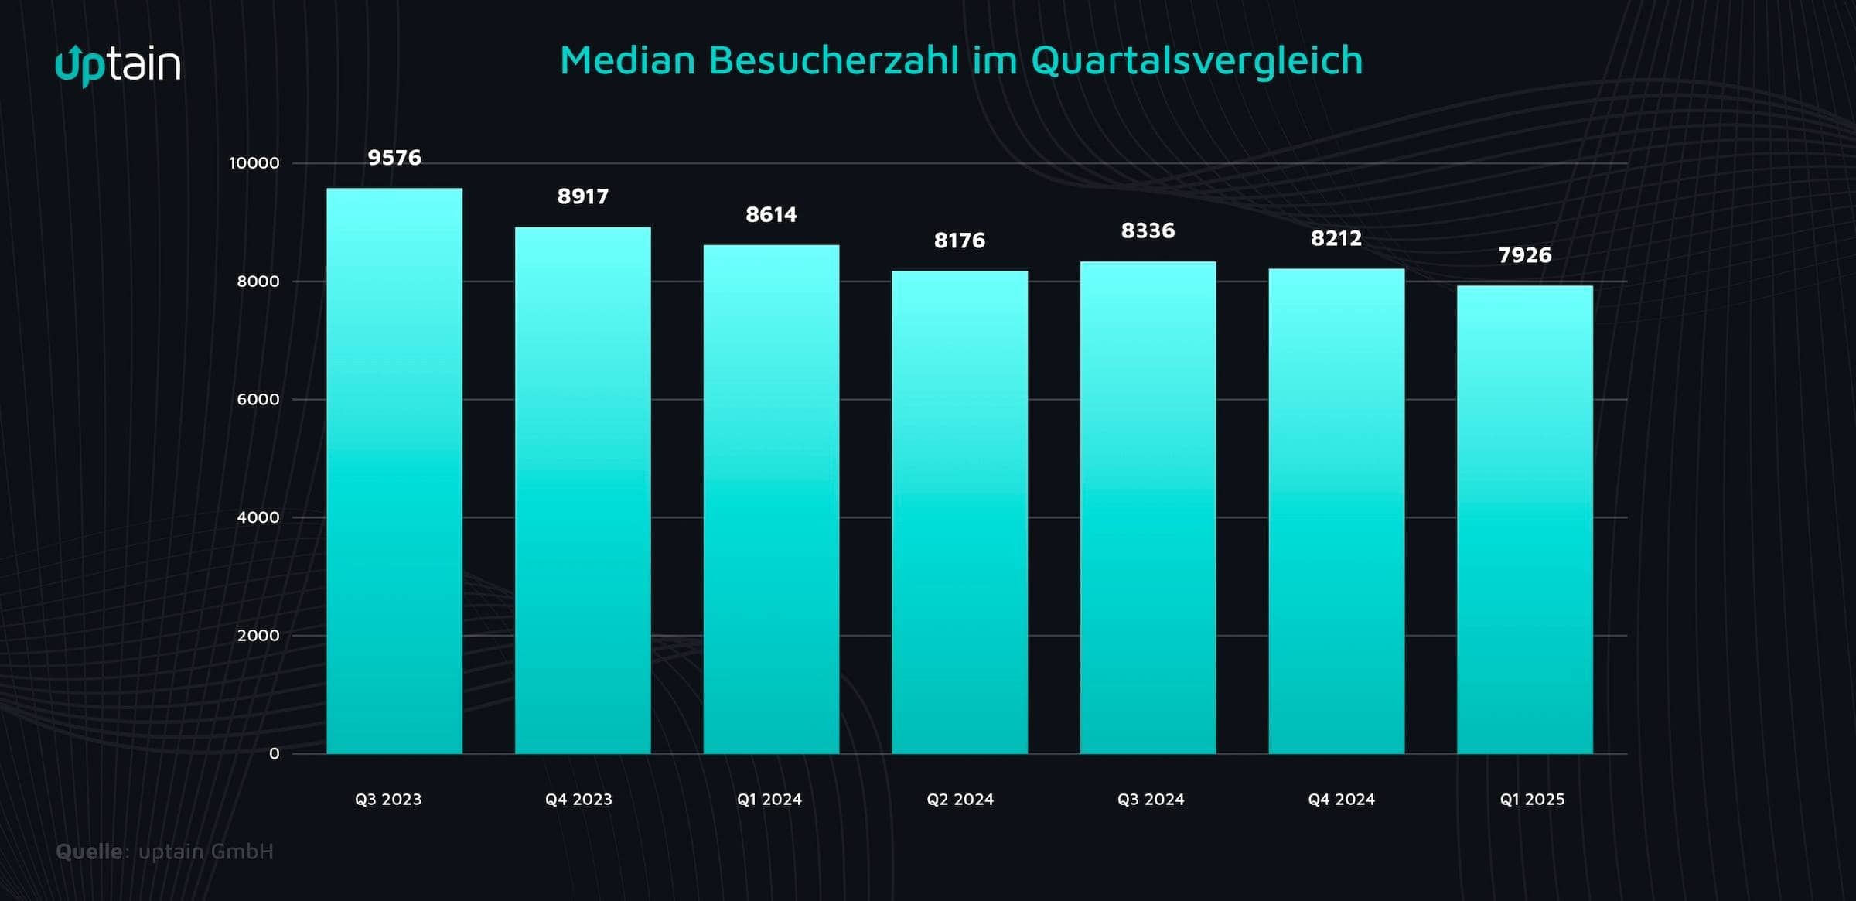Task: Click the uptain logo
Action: click(118, 65)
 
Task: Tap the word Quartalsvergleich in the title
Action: click(1196, 60)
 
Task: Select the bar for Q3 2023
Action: click(394, 471)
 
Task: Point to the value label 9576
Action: click(394, 158)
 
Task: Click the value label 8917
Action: click(583, 196)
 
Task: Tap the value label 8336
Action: click(1148, 230)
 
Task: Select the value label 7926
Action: click(1525, 255)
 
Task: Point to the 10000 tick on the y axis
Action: click(254, 163)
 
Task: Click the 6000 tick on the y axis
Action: click(258, 400)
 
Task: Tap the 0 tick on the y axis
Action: click(274, 754)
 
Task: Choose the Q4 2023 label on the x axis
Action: click(578, 800)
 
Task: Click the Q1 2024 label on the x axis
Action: click(769, 800)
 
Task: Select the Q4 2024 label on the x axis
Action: click(1342, 800)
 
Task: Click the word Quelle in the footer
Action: click(89, 852)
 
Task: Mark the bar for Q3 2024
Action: click(1148, 507)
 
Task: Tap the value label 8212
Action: click(1336, 238)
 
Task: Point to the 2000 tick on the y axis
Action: click(258, 636)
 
